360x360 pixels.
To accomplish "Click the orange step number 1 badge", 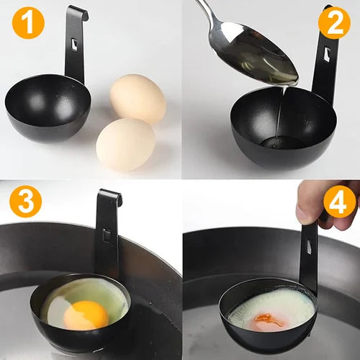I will (x=27, y=23).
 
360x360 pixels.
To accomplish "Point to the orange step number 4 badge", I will (x=339, y=201).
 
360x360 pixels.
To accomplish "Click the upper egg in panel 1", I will (x=138, y=98).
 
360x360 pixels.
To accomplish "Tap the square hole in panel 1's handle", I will (x=74, y=45).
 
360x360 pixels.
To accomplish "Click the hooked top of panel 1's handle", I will (x=78, y=11).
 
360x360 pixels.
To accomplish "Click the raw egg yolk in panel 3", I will (x=86, y=314).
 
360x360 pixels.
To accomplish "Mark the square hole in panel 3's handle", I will (x=106, y=235).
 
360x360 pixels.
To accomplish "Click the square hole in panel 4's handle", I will (x=310, y=248).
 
